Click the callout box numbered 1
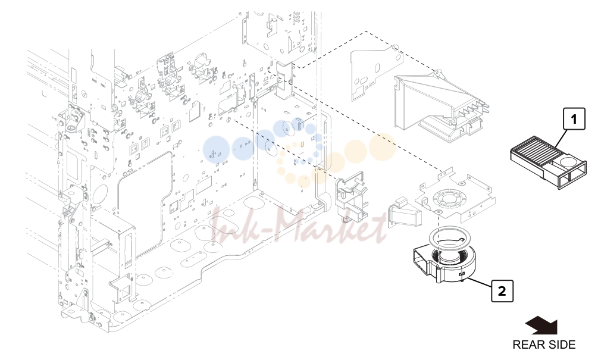[574, 119]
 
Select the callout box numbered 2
[502, 291]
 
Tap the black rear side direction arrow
[541, 325]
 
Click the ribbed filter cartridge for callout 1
[548, 162]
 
